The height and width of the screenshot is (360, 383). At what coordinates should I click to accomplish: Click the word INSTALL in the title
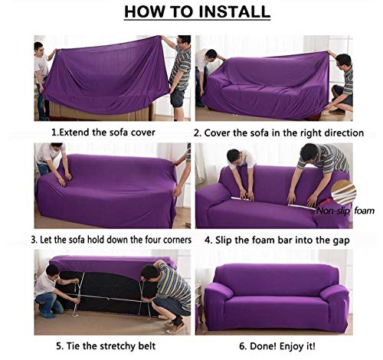click(x=234, y=11)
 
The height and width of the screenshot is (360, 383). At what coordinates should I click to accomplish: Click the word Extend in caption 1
click(x=74, y=133)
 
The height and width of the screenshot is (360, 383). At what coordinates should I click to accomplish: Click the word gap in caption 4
click(x=341, y=241)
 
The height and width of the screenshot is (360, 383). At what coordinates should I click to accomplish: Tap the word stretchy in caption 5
click(x=116, y=346)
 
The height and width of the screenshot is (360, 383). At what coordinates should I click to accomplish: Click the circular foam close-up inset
click(x=343, y=192)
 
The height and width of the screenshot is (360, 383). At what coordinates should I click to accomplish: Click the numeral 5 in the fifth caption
click(x=59, y=346)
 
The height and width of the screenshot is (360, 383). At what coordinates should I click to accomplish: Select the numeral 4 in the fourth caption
click(x=207, y=241)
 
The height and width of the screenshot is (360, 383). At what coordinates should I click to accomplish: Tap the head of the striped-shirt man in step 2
click(x=343, y=62)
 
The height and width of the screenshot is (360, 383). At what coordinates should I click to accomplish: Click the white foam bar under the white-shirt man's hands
click(x=243, y=198)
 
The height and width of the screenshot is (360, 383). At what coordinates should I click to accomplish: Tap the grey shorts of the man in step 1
click(x=177, y=97)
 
